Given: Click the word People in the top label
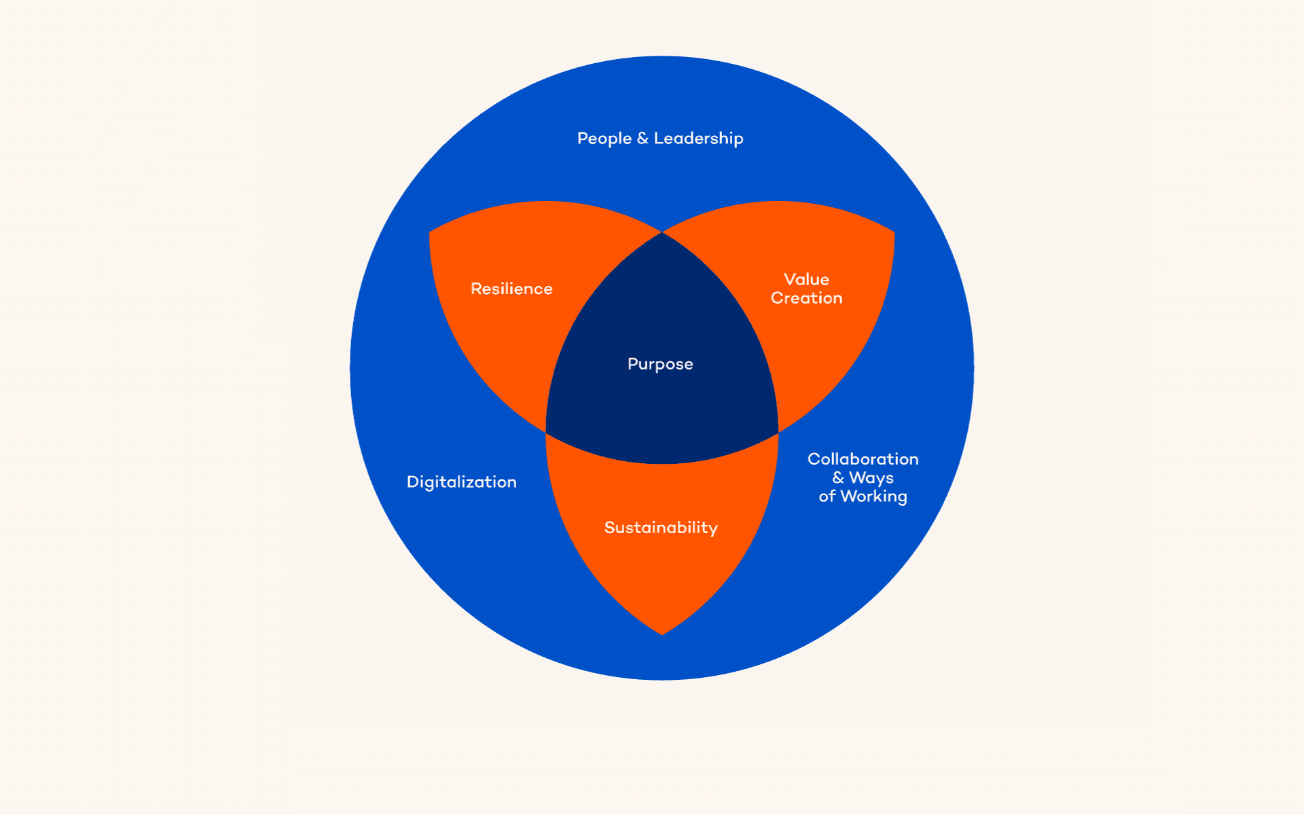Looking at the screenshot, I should pyautogui.click(x=604, y=139).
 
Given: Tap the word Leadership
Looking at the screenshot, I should pyautogui.click(x=698, y=139).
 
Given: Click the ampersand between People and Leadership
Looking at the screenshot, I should pyautogui.click(x=642, y=139).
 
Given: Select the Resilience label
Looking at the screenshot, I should pyautogui.click(x=511, y=289).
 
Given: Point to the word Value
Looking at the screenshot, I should pyautogui.click(x=806, y=279).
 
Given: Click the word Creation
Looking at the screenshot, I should pyautogui.click(x=806, y=298).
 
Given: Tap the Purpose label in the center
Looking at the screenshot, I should pyautogui.click(x=660, y=364).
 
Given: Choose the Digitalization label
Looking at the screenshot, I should pyautogui.click(x=461, y=482).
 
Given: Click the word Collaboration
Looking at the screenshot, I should pyautogui.click(x=863, y=459).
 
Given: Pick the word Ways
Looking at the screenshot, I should pyautogui.click(x=871, y=478).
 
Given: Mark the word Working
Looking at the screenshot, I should pyautogui.click(x=873, y=496).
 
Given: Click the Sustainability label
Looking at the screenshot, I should pyautogui.click(x=661, y=528).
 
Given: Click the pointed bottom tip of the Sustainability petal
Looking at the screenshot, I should pyautogui.click(x=662, y=634).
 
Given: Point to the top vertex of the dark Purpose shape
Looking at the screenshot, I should pyautogui.click(x=662, y=233).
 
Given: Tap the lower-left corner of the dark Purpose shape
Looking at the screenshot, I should pyautogui.click(x=547, y=432).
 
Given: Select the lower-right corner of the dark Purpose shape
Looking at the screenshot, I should pyautogui.click(x=778, y=432).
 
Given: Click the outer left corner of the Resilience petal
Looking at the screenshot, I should pyautogui.click(x=430, y=233).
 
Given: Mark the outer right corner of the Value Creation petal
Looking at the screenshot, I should pyautogui.click(x=894, y=233).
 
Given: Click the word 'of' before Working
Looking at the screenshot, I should pyautogui.click(x=827, y=496).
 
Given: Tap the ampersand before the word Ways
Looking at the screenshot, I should pyautogui.click(x=838, y=478).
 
